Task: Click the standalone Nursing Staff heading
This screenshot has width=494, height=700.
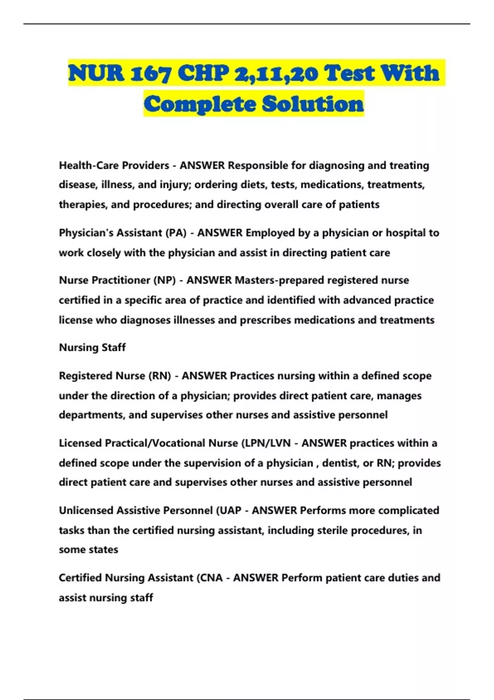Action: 92,348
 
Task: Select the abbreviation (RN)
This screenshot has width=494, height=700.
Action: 159,376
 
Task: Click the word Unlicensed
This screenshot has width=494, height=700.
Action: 86,511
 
